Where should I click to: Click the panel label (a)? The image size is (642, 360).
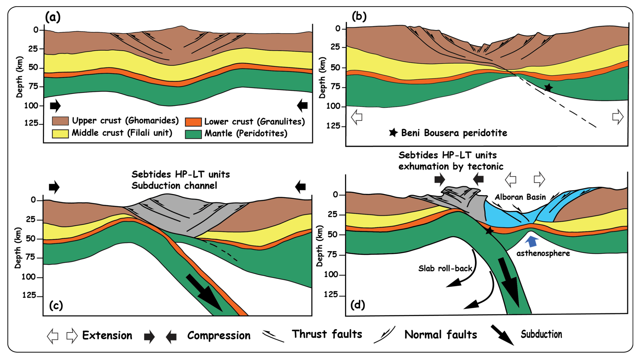coord(53,17)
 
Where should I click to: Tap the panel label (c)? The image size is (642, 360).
coord(56,305)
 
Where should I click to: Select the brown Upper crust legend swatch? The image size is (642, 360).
coord(60,121)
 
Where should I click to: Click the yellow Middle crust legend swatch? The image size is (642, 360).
coord(60,133)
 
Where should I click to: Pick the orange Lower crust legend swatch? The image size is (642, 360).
coord(193,122)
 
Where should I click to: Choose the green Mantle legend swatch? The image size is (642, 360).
coord(193,134)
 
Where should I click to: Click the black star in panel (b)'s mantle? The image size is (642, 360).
coord(548,88)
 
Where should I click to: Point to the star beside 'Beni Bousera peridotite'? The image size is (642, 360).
coord(393,133)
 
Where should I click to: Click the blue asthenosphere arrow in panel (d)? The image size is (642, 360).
coord(531,242)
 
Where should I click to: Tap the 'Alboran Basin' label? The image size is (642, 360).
coord(520,197)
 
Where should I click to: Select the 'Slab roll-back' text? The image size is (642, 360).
coord(445,268)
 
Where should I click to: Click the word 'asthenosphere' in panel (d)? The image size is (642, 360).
coord(543,253)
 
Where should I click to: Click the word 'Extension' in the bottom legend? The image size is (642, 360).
coord(107,335)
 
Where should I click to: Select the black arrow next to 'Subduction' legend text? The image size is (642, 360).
coord(502,335)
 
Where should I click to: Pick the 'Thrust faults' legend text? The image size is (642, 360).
coord(327,334)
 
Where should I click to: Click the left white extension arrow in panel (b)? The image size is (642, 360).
coord(357,117)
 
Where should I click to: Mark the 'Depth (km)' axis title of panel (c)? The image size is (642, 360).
coord(18,248)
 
